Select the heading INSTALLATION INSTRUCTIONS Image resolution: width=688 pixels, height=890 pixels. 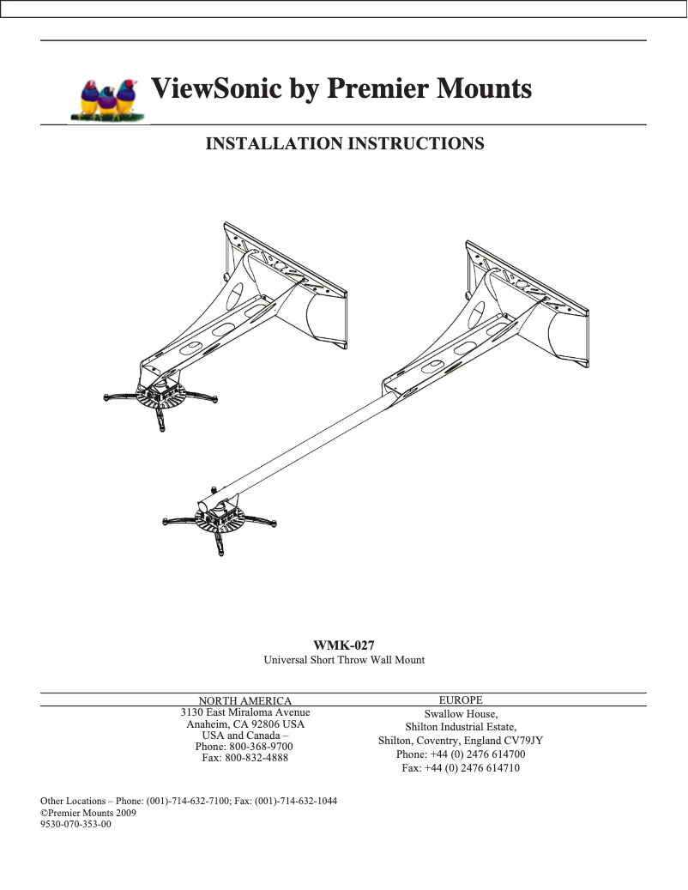coord(345,143)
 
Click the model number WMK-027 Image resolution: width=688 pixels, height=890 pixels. coord(344,645)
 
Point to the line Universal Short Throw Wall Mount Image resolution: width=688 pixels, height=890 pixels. coord(344,660)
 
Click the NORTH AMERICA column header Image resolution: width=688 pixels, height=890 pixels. coord(245,701)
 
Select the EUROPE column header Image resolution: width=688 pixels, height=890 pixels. coord(461,700)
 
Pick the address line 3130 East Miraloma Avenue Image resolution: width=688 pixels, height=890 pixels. coord(245,713)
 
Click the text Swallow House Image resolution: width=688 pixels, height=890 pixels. coord(461,714)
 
